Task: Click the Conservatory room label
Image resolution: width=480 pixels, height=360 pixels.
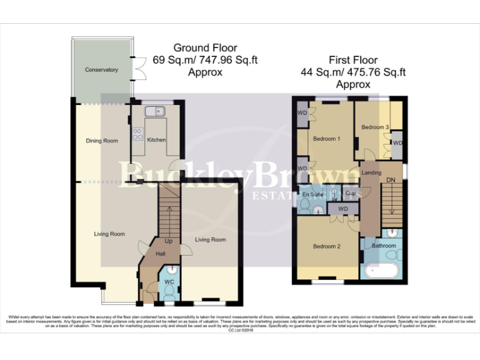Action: pyautogui.click(x=101, y=70)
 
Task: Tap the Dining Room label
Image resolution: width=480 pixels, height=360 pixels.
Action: pyautogui.click(x=102, y=141)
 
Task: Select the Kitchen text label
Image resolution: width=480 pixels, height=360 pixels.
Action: pyautogui.click(x=156, y=140)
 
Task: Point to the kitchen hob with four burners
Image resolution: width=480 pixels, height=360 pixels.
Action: pyautogui.click(x=136, y=134)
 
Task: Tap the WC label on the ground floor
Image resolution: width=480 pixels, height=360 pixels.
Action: pyautogui.click(x=169, y=282)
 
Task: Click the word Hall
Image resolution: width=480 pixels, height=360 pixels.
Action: pyautogui.click(x=161, y=254)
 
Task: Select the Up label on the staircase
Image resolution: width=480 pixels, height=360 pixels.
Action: pyautogui.click(x=168, y=241)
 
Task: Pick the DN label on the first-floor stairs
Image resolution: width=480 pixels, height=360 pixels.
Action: pyautogui.click(x=391, y=180)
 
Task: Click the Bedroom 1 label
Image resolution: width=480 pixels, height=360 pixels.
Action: pyautogui.click(x=326, y=139)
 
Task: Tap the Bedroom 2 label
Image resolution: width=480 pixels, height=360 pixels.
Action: pyautogui.click(x=326, y=247)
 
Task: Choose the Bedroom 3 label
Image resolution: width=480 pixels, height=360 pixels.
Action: pyautogui.click(x=375, y=127)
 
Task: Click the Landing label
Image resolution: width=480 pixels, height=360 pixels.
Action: pyautogui.click(x=371, y=173)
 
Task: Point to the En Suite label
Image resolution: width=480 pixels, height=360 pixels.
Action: pyautogui.click(x=312, y=196)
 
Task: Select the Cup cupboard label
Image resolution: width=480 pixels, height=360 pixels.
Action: pyautogui.click(x=350, y=194)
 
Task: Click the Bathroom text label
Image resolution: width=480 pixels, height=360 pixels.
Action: pyautogui.click(x=384, y=246)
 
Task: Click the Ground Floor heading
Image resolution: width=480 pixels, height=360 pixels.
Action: pyautogui.click(x=205, y=48)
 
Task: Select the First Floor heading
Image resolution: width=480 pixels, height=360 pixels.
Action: pyautogui.click(x=353, y=60)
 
